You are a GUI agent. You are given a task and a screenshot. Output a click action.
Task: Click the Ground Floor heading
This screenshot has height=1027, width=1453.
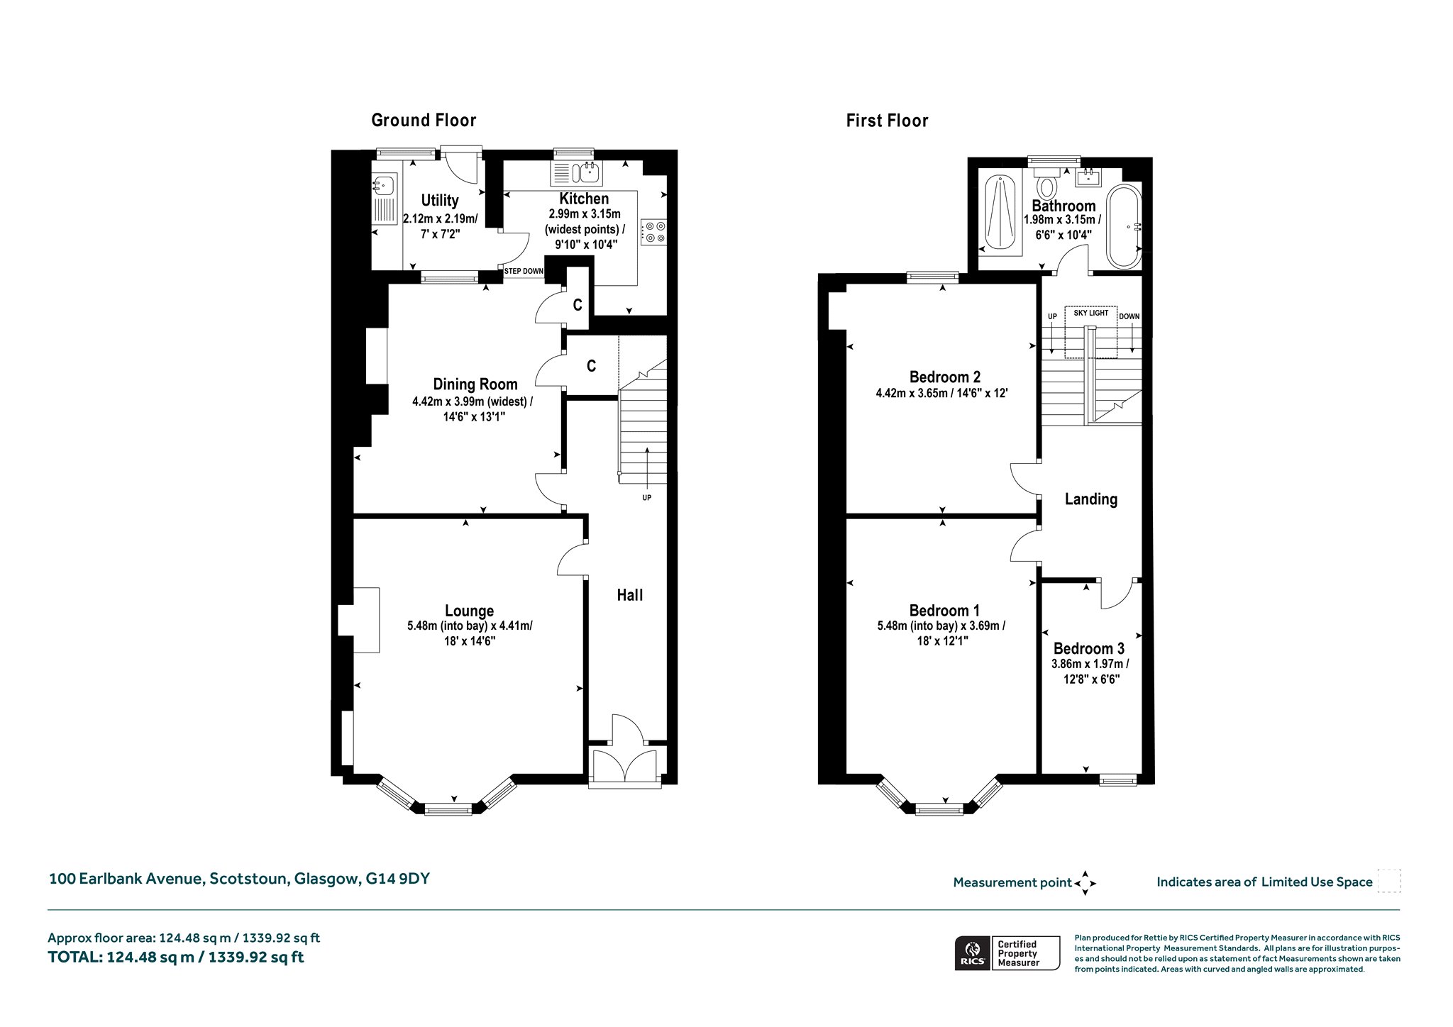[x=424, y=121]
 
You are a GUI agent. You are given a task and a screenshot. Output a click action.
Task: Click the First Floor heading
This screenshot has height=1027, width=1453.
[x=887, y=121]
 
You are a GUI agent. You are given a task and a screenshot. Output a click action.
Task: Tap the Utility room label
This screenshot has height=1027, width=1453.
[x=440, y=201]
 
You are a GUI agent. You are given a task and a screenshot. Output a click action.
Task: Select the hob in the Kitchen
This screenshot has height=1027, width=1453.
[x=653, y=231]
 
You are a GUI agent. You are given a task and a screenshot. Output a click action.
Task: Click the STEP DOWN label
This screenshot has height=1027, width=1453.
[x=524, y=272]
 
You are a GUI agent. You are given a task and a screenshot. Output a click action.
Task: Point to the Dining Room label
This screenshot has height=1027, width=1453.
[x=475, y=384]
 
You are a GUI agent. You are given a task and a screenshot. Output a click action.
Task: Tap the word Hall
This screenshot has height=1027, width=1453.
[x=630, y=595]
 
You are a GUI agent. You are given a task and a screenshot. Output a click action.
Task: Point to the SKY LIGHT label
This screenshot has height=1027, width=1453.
[x=1090, y=313]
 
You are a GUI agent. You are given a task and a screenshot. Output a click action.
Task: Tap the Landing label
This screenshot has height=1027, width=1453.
[x=1091, y=499]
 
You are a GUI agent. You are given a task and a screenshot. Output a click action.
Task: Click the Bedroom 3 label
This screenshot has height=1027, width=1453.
[x=1089, y=648]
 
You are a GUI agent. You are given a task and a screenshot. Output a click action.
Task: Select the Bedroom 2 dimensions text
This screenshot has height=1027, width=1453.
[x=942, y=392]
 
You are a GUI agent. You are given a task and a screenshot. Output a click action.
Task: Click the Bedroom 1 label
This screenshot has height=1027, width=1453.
[x=944, y=611]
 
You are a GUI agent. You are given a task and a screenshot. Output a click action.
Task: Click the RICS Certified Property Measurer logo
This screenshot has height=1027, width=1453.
[x=1007, y=953]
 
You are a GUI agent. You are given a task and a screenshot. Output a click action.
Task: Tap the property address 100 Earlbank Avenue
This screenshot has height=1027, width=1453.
[x=239, y=879]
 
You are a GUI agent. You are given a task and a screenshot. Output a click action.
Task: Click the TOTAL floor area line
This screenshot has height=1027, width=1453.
[x=176, y=957]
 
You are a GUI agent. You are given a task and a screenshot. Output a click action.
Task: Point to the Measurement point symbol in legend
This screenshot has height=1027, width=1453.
[x=1085, y=883]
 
